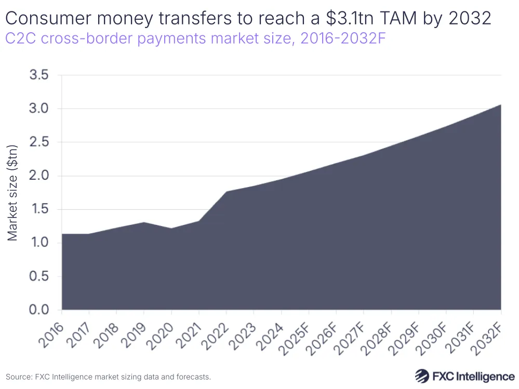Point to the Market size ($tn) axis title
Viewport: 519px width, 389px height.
pyautogui.click(x=13, y=193)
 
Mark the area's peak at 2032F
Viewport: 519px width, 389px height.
pyautogui.click(x=501, y=105)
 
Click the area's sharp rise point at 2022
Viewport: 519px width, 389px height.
pyautogui.click(x=227, y=192)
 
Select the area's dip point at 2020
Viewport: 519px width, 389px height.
pyautogui.click(x=171, y=229)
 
